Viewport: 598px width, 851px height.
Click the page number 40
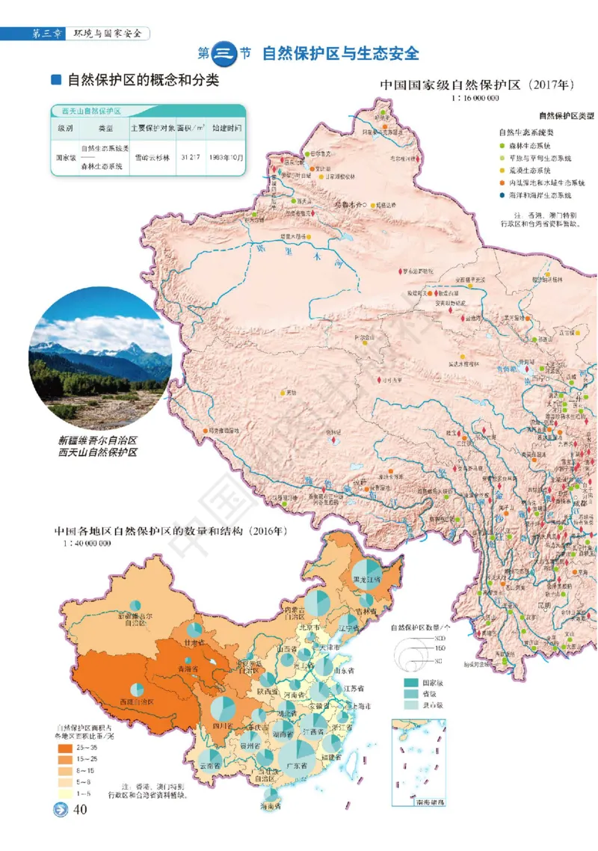tap(79, 811)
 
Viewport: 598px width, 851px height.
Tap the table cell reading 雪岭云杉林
tap(152, 158)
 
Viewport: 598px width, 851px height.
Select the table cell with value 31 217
tap(190, 158)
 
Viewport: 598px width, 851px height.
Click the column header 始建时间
tap(226, 128)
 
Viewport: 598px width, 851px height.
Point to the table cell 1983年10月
tap(226, 158)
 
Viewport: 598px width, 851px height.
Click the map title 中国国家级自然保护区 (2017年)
tap(477, 85)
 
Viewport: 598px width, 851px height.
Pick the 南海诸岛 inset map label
tap(419, 802)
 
